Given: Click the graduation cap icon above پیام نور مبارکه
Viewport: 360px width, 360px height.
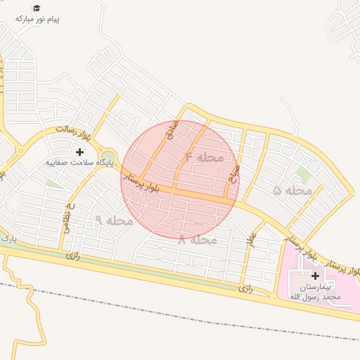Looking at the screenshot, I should [x=37, y=8].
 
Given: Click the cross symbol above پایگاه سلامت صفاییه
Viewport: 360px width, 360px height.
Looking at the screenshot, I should [x=79, y=151].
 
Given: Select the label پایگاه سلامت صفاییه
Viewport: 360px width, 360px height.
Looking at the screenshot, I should [x=79, y=162].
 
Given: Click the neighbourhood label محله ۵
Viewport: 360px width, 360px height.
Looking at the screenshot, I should [x=292, y=190].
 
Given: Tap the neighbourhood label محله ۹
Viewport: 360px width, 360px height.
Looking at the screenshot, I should [x=114, y=220].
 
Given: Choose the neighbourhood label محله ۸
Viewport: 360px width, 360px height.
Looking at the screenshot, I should [x=198, y=240].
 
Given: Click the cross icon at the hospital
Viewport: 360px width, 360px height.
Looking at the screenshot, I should [x=314, y=276].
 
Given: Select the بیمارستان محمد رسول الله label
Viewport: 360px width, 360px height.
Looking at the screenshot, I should [x=315, y=292].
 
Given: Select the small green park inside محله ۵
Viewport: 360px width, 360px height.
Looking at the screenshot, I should [x=303, y=173].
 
